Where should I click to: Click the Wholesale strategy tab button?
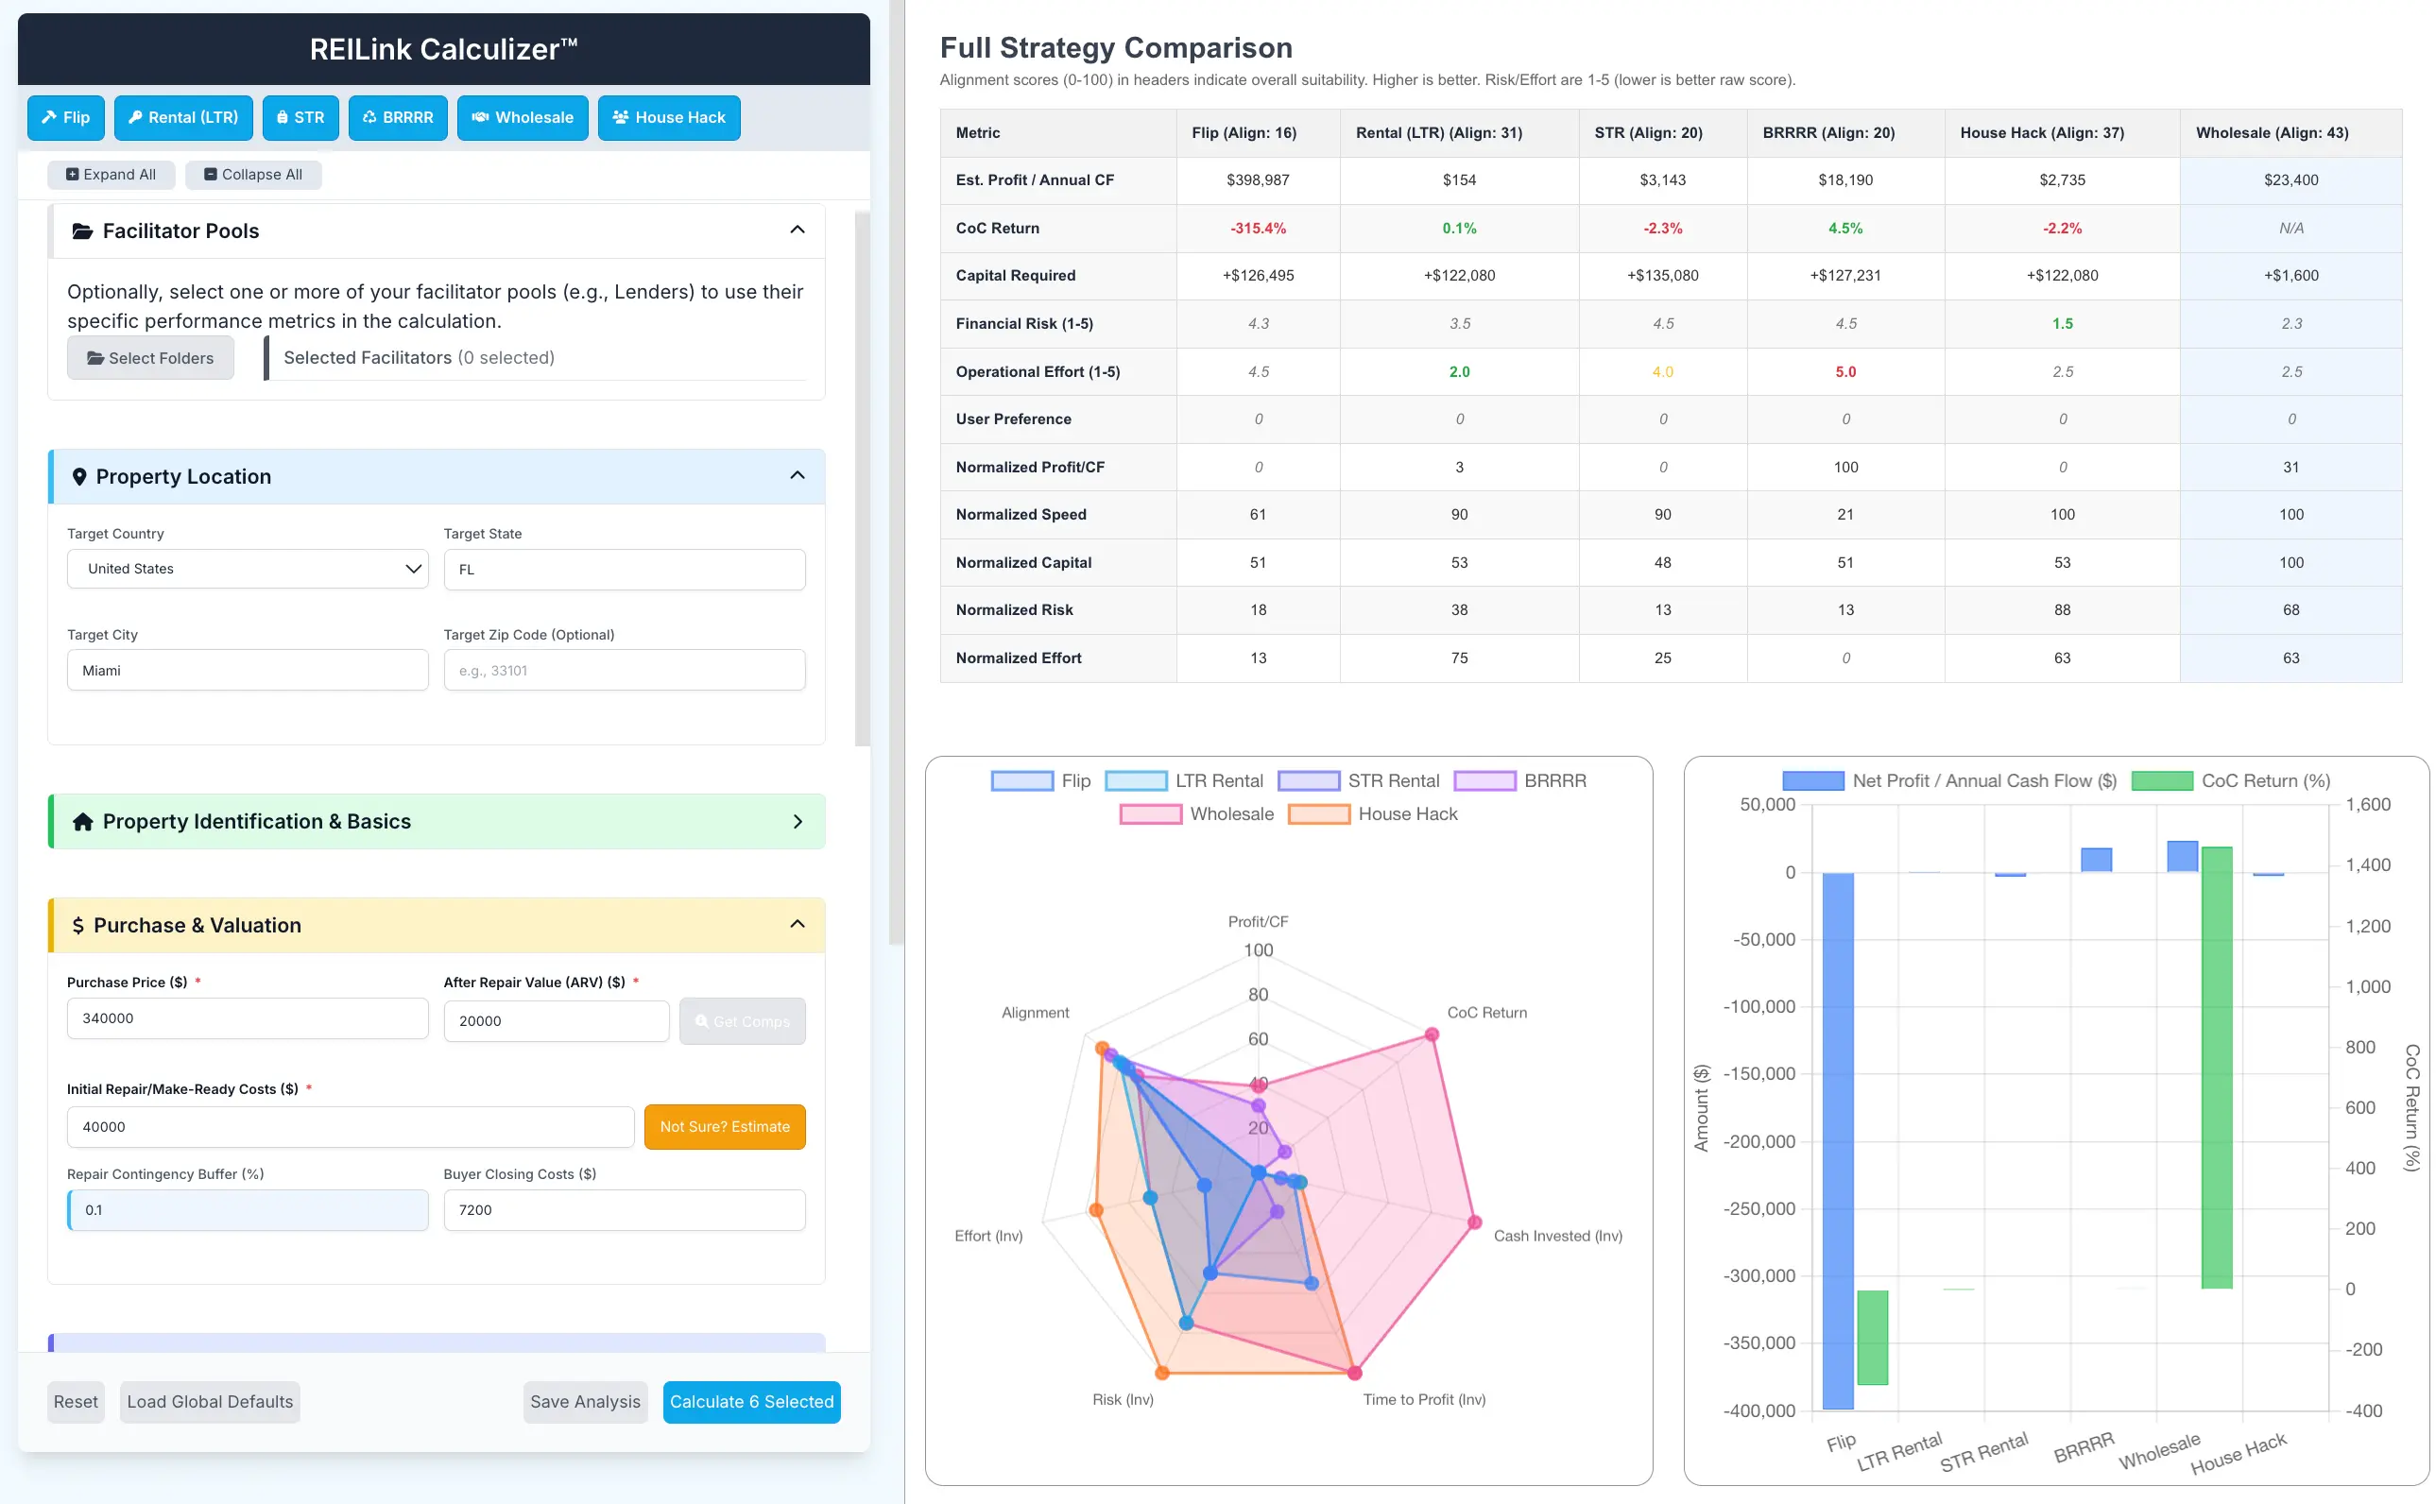coord(523,117)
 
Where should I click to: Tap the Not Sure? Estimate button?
coord(724,1126)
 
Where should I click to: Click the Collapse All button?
coord(252,174)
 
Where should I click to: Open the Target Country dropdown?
coord(248,569)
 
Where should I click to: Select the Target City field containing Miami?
coord(248,671)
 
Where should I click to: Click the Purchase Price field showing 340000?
coord(248,1018)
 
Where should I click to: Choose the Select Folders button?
coord(150,358)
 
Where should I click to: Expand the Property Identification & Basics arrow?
coord(797,822)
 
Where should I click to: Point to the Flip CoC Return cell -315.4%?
coord(1258,228)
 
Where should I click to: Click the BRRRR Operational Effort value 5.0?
coord(1845,371)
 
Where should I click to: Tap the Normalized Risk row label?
coord(1014,609)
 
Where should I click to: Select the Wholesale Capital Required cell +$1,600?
coord(2290,276)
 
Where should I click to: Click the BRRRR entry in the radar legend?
coord(1521,781)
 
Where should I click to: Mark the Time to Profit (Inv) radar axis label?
coord(1423,1399)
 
